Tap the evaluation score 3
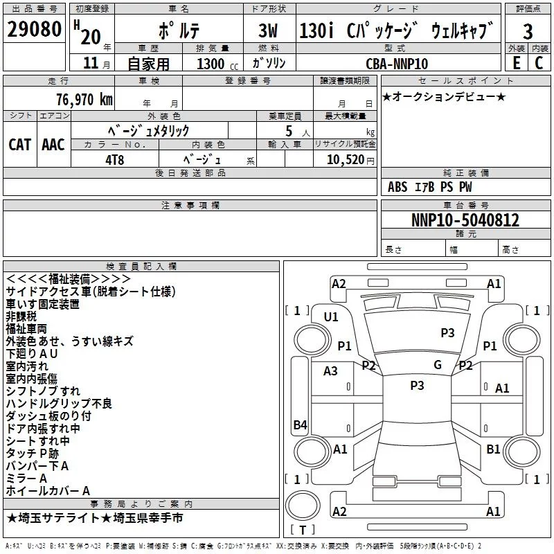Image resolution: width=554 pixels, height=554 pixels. [x=528, y=31]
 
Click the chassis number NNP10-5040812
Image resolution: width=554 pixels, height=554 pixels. [x=465, y=220]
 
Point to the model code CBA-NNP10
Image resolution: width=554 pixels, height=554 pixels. [x=397, y=64]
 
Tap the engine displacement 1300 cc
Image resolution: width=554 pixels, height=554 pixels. [x=211, y=64]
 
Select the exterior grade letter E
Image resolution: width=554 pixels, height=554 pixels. [x=516, y=63]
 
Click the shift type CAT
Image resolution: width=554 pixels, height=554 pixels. [x=19, y=144]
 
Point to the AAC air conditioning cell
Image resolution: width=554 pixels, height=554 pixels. [x=53, y=144]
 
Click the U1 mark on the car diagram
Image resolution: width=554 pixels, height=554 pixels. [x=331, y=316]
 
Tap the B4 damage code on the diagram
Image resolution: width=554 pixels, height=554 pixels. [x=300, y=425]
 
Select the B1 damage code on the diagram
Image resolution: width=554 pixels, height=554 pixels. [x=493, y=449]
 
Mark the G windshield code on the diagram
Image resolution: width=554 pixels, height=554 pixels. [x=437, y=365]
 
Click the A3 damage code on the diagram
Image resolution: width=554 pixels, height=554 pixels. [x=330, y=371]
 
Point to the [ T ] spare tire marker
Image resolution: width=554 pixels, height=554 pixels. [x=302, y=530]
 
